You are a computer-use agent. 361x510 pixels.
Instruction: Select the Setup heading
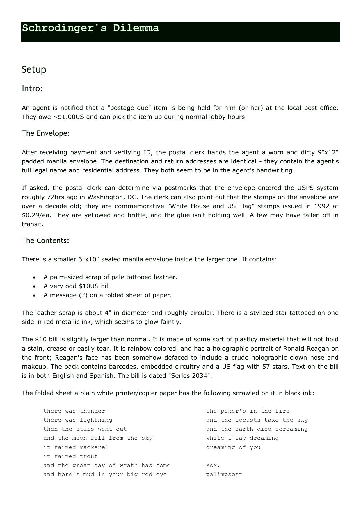(34, 69)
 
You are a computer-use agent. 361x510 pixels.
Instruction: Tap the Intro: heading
(32, 88)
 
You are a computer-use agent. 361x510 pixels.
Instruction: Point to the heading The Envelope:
(46, 133)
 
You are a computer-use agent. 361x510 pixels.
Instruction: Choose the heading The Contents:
(45, 240)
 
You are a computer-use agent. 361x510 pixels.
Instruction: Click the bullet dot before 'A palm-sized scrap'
(34, 277)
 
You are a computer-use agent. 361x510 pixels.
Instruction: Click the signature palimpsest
(224, 475)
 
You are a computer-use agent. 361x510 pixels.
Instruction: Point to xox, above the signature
(213, 466)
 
